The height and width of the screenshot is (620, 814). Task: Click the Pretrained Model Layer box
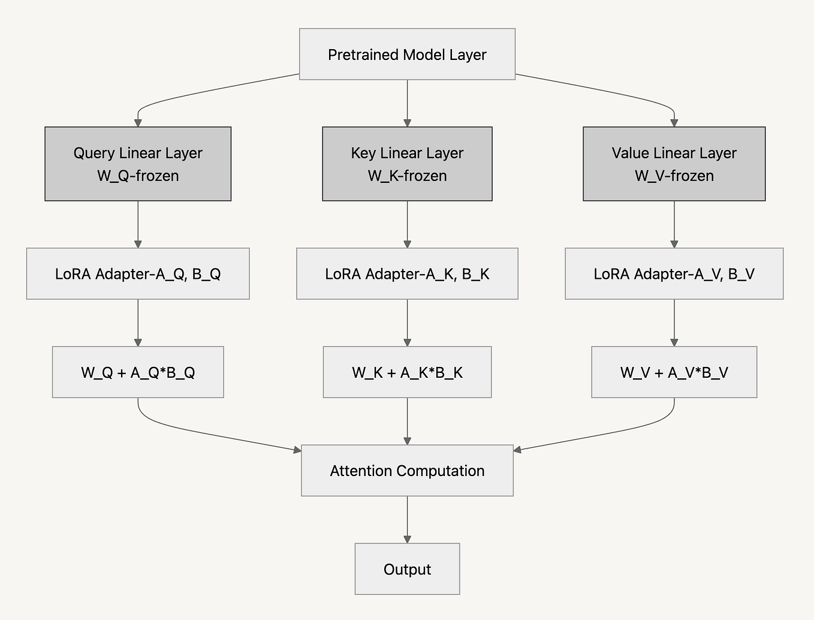407,54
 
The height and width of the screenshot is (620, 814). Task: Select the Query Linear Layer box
138,163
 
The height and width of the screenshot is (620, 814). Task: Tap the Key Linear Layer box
407,163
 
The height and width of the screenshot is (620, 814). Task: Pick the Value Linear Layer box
674,163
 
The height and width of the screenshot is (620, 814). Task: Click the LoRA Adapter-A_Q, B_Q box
138,273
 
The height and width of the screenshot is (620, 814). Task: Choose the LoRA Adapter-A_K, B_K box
407,273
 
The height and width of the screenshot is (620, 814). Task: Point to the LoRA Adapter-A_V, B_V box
674,273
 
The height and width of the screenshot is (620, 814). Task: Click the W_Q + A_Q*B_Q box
138,372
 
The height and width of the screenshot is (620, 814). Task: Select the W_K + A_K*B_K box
407,372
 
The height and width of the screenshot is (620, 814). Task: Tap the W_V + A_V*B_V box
674,372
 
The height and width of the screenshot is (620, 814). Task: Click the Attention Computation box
407,470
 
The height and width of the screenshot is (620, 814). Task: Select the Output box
407,568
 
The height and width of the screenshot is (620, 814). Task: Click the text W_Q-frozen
138,176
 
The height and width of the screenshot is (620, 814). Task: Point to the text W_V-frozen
674,176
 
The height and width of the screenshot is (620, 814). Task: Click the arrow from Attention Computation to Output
407,519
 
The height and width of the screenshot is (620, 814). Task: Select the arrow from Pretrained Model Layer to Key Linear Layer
407,103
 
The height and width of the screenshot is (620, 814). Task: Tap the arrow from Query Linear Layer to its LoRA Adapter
138,224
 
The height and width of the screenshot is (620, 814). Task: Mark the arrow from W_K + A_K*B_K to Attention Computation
407,421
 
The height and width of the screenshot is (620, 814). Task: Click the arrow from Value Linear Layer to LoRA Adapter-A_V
674,224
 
